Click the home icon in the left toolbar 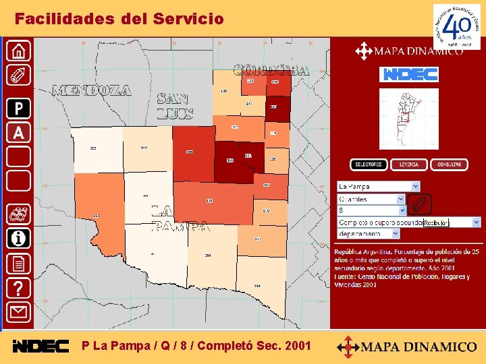coord(19,51)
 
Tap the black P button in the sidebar coord(19,108)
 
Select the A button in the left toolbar coord(19,132)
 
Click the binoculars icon coord(19,214)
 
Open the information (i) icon coord(19,238)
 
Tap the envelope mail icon coord(19,312)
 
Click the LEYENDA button coord(409,164)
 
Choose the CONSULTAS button coord(449,164)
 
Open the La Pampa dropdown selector coord(378,186)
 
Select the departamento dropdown coord(368,233)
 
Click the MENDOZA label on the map coord(91,90)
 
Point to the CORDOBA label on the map coord(271,70)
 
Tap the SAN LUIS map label coord(175,107)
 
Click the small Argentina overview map coord(408,119)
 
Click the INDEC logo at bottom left coord(40,346)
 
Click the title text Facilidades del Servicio coord(119,19)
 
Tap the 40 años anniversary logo coord(456,27)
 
